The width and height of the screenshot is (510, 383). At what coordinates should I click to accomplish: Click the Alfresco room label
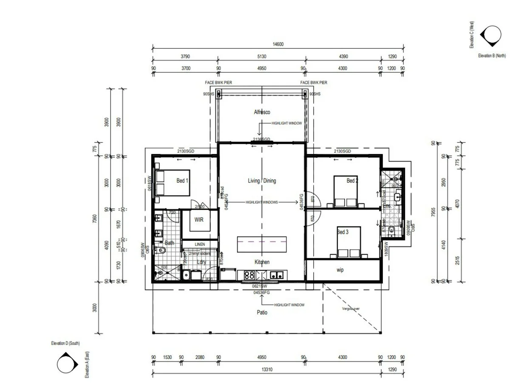coord(262,112)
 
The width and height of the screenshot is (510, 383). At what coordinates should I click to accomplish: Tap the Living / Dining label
coord(262,181)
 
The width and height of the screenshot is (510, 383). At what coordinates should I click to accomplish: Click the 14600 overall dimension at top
coord(278,44)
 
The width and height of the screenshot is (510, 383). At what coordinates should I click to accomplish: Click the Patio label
coord(262,312)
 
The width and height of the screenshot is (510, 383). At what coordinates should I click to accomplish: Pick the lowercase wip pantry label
coord(340,270)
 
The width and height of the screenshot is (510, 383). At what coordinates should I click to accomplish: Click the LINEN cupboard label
coord(200,244)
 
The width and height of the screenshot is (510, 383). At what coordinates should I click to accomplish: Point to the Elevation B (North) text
coord(492,55)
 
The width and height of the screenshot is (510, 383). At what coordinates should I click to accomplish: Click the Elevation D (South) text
coord(65,343)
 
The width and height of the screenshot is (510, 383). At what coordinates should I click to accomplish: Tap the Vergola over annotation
coord(351,309)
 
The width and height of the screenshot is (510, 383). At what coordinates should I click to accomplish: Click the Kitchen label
coord(262,262)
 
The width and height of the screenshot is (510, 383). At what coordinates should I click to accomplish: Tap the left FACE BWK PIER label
coord(218,83)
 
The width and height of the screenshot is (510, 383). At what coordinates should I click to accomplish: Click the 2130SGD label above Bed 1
coord(186,151)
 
